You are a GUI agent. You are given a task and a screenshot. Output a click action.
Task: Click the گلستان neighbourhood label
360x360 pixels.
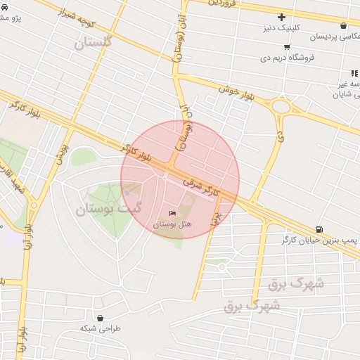click(94, 44)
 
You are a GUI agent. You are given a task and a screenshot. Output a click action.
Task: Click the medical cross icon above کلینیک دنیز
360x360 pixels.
click(282, 17)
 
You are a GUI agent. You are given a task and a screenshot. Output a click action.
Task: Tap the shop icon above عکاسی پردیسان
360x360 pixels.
click(343, 25)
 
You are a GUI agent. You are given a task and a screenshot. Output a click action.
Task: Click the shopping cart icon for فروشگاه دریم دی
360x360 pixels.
click(287, 47)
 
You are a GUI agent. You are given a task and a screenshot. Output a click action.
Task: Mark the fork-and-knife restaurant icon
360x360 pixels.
click(354, 73)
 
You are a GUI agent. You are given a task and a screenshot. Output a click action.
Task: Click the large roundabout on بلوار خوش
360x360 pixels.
click(281, 108)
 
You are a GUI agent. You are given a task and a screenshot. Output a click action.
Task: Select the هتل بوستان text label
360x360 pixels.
click(173, 224)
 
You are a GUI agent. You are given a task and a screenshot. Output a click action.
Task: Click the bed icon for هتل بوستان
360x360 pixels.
click(173, 213)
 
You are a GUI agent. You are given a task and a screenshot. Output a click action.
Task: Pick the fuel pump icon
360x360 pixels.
click(320, 229)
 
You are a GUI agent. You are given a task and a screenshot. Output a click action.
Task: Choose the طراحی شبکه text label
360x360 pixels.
click(100, 328)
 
